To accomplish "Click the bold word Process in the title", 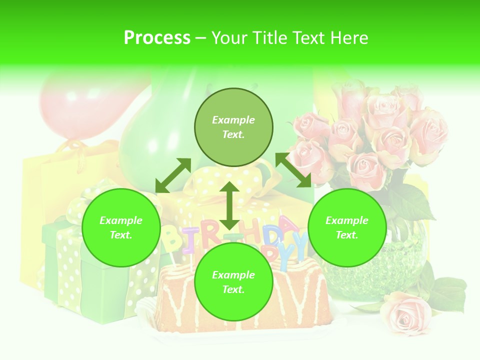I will pos(157,38).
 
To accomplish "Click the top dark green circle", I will pos(233,127).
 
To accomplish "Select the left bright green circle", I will pos(121,227).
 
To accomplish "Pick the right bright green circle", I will pos(347,227).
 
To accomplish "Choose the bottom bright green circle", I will pos(233,282).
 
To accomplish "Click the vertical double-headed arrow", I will pos(229,205).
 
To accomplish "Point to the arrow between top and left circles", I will pos(173,175).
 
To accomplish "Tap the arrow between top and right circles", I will pos(293,170).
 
